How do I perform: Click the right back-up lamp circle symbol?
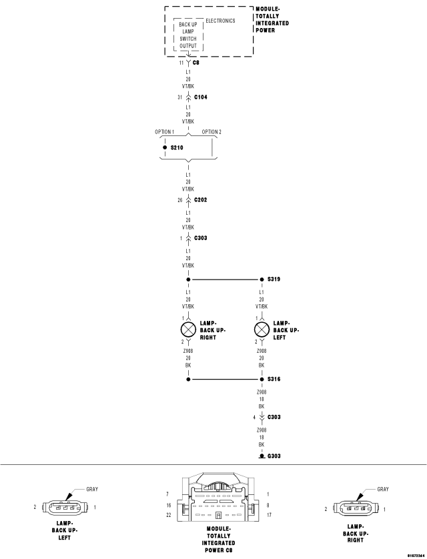point(188,330)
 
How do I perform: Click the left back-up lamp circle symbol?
point(262,330)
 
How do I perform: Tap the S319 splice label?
point(274,279)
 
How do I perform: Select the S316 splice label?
point(274,379)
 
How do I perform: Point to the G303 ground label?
point(274,456)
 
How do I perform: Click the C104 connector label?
point(200,97)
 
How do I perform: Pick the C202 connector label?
point(200,199)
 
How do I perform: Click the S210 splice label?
point(177,147)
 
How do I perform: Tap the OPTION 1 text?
point(164,132)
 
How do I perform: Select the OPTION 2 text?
point(211,132)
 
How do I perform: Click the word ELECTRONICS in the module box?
point(220,21)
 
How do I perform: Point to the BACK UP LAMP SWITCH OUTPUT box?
point(188,35)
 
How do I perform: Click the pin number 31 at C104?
point(180,97)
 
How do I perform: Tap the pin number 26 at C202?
point(180,200)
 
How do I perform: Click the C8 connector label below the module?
point(195,63)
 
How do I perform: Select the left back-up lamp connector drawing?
point(65,507)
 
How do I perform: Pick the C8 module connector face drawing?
point(218,497)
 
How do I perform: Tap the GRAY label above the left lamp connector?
point(92,489)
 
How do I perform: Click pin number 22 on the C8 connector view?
point(169,515)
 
